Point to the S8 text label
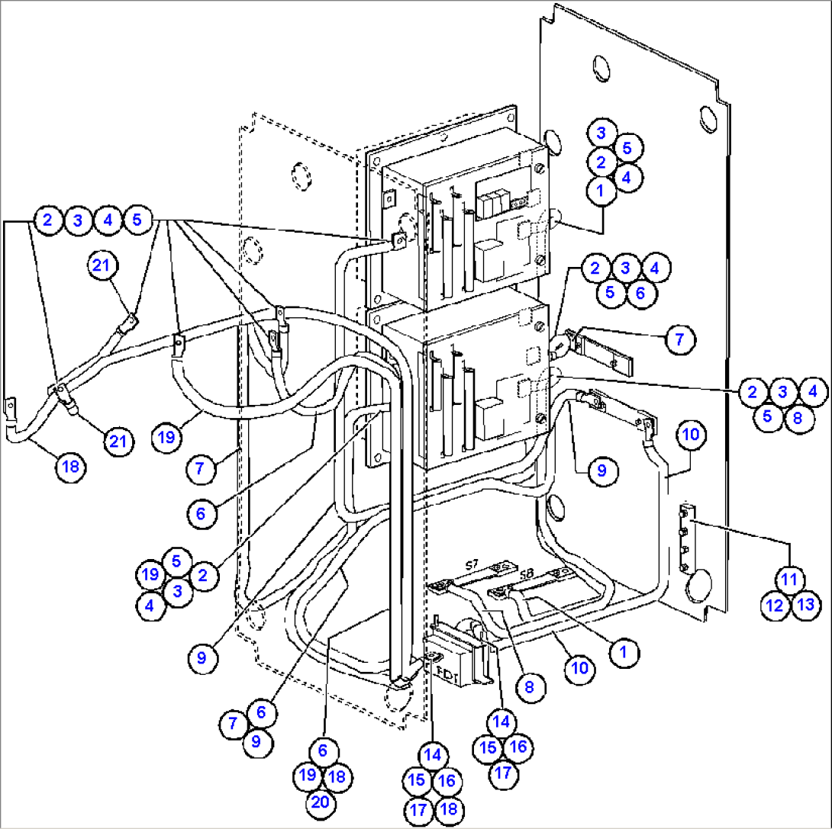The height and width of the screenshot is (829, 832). [527, 573]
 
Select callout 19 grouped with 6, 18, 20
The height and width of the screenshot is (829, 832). [308, 776]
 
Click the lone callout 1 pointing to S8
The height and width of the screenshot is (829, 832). [624, 652]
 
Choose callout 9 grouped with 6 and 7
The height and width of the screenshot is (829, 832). [256, 740]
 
